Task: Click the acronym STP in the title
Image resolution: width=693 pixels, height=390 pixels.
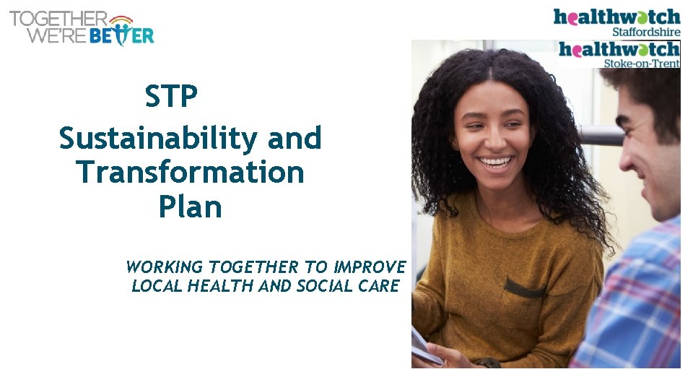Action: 171,97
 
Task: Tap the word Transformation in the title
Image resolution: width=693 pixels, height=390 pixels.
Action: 190,173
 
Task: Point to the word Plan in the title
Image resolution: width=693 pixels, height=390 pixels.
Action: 190,208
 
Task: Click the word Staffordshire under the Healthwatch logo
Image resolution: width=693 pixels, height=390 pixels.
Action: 646,32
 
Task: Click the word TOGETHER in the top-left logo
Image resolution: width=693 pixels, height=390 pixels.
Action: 58,18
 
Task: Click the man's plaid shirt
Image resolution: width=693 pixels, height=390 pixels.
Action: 639,303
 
